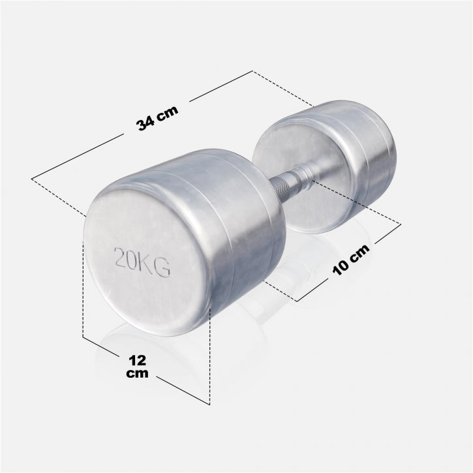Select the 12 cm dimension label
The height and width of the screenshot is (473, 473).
[137, 367]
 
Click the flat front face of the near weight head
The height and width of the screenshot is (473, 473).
[147, 261]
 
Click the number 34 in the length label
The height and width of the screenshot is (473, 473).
[146, 122]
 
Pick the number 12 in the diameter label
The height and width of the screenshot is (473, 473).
[137, 360]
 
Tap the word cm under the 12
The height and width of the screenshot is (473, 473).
[138, 374]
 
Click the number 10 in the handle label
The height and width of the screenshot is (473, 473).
[343, 265]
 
